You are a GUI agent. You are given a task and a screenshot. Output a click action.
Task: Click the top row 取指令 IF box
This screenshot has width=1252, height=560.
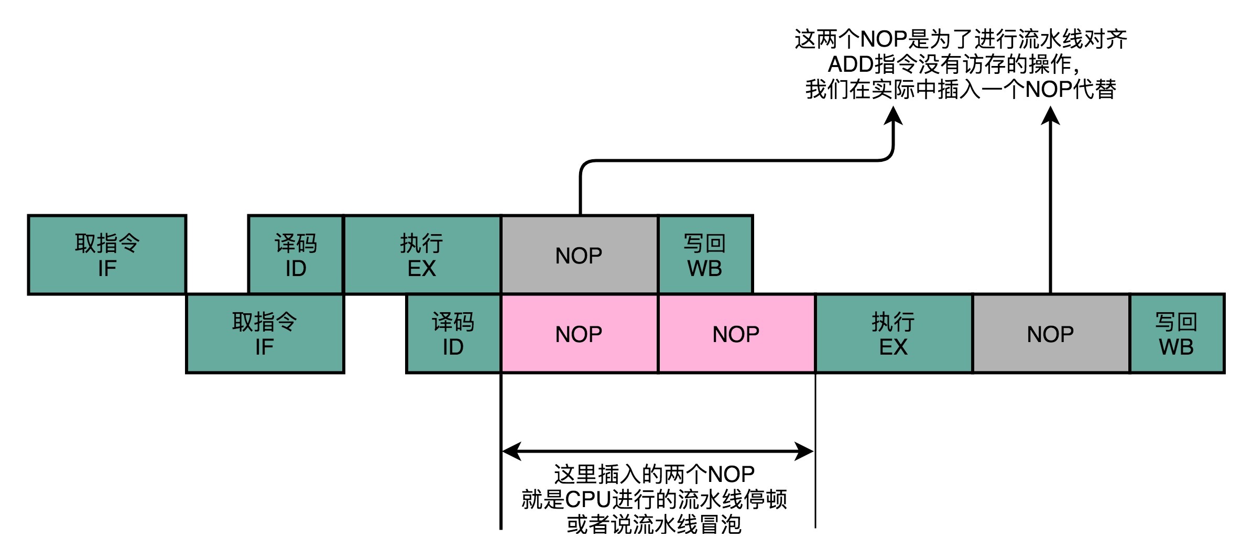107,255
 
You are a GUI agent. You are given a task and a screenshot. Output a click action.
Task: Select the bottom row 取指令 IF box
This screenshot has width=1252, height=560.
265,334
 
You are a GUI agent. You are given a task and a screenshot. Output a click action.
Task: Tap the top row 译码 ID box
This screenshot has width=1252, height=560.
296,255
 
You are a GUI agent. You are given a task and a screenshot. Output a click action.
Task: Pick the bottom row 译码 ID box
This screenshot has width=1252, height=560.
453,334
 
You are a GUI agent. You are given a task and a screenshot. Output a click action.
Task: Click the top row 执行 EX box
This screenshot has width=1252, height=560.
422,255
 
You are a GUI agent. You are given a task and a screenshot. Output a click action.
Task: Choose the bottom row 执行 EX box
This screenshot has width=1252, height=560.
894,334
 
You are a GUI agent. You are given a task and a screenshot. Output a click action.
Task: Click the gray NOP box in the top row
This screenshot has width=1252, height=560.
579,255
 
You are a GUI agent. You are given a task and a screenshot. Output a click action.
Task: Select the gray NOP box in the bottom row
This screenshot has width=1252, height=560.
1051,334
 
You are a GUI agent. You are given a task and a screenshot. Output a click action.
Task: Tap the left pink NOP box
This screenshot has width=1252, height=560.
579,334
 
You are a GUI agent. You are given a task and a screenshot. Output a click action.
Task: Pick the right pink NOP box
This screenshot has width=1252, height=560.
736,334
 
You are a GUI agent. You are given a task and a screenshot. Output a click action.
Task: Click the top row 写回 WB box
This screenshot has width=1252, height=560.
705,255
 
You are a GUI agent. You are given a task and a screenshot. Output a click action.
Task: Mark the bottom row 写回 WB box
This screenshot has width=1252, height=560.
1177,334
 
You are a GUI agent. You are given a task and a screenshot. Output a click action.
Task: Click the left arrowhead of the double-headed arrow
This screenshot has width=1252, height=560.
511,451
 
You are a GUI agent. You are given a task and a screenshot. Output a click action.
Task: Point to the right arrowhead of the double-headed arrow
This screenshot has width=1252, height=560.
805,451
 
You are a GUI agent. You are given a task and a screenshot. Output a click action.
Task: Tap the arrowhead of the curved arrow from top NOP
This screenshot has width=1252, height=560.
893,115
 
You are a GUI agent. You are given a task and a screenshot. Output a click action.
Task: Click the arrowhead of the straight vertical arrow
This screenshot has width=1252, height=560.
1050,115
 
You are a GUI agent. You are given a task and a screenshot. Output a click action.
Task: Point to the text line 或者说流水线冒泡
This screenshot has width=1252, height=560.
654,524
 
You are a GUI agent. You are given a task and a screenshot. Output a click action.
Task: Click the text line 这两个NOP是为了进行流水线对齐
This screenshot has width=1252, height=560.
961,39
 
